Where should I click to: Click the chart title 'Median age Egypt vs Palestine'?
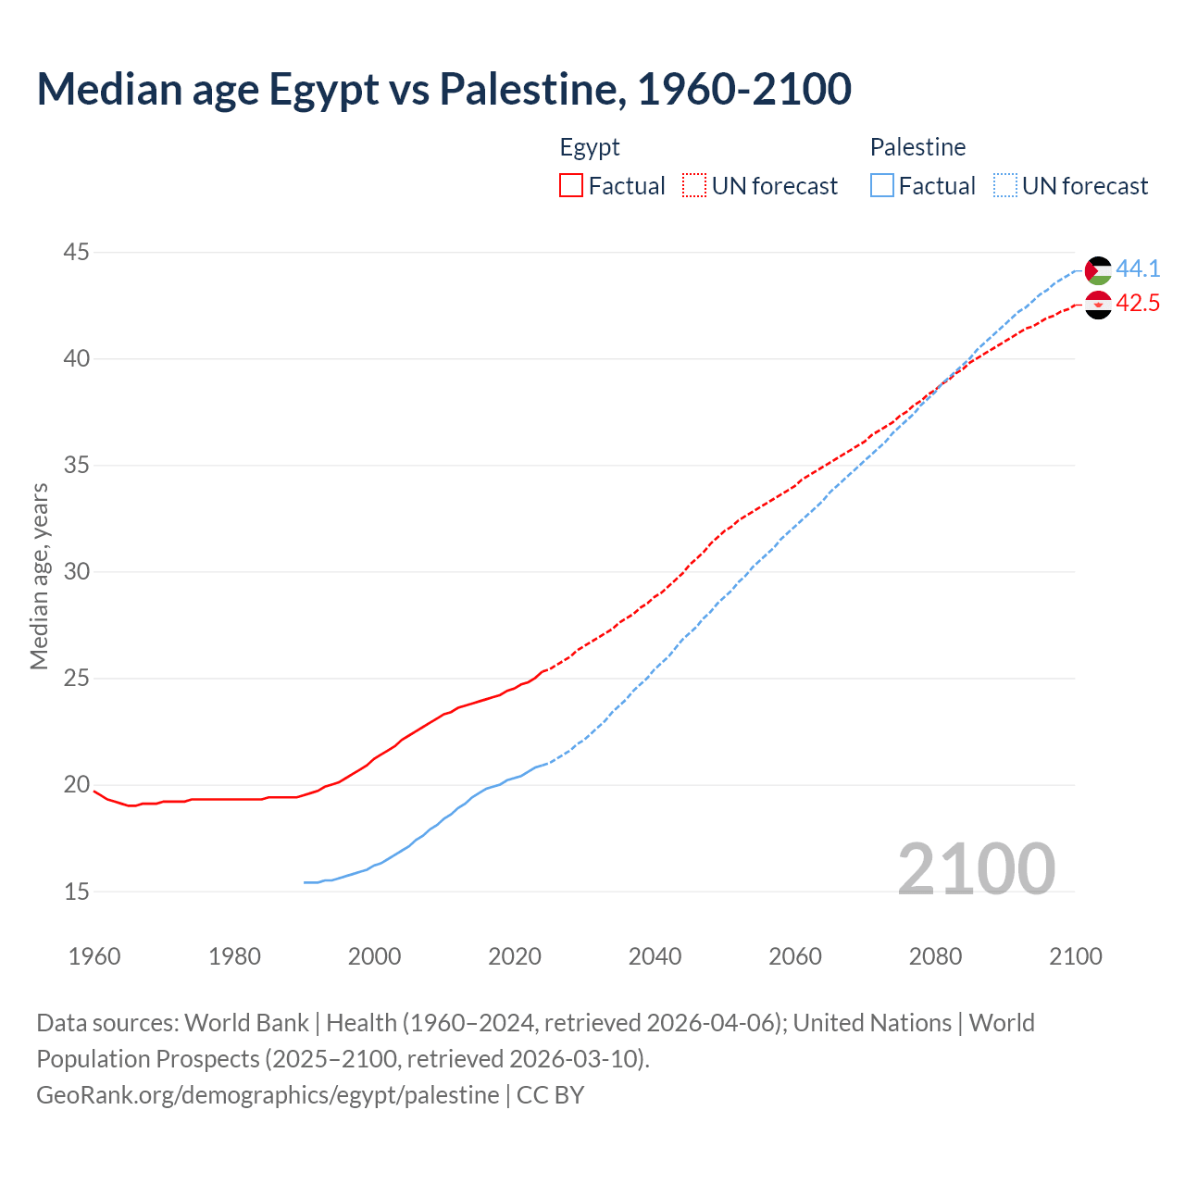443,89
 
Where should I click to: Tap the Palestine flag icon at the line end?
1098,270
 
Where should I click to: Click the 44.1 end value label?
1138,269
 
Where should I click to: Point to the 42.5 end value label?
1138,304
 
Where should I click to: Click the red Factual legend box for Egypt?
571,186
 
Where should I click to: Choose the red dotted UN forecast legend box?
694,186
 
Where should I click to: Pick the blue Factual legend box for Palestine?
882,186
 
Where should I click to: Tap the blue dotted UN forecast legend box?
1005,186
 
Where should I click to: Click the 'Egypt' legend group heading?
590,147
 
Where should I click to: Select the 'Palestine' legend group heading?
917,147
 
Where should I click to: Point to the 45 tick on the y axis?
77,252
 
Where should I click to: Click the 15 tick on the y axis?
77,892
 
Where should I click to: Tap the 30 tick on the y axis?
77,572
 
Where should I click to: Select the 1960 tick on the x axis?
94,956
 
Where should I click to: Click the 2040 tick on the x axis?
655,956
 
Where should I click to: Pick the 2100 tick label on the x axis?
1075,956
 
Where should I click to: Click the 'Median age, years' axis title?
39,576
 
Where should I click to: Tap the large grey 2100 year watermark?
976,868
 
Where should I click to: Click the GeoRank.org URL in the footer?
268,1095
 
